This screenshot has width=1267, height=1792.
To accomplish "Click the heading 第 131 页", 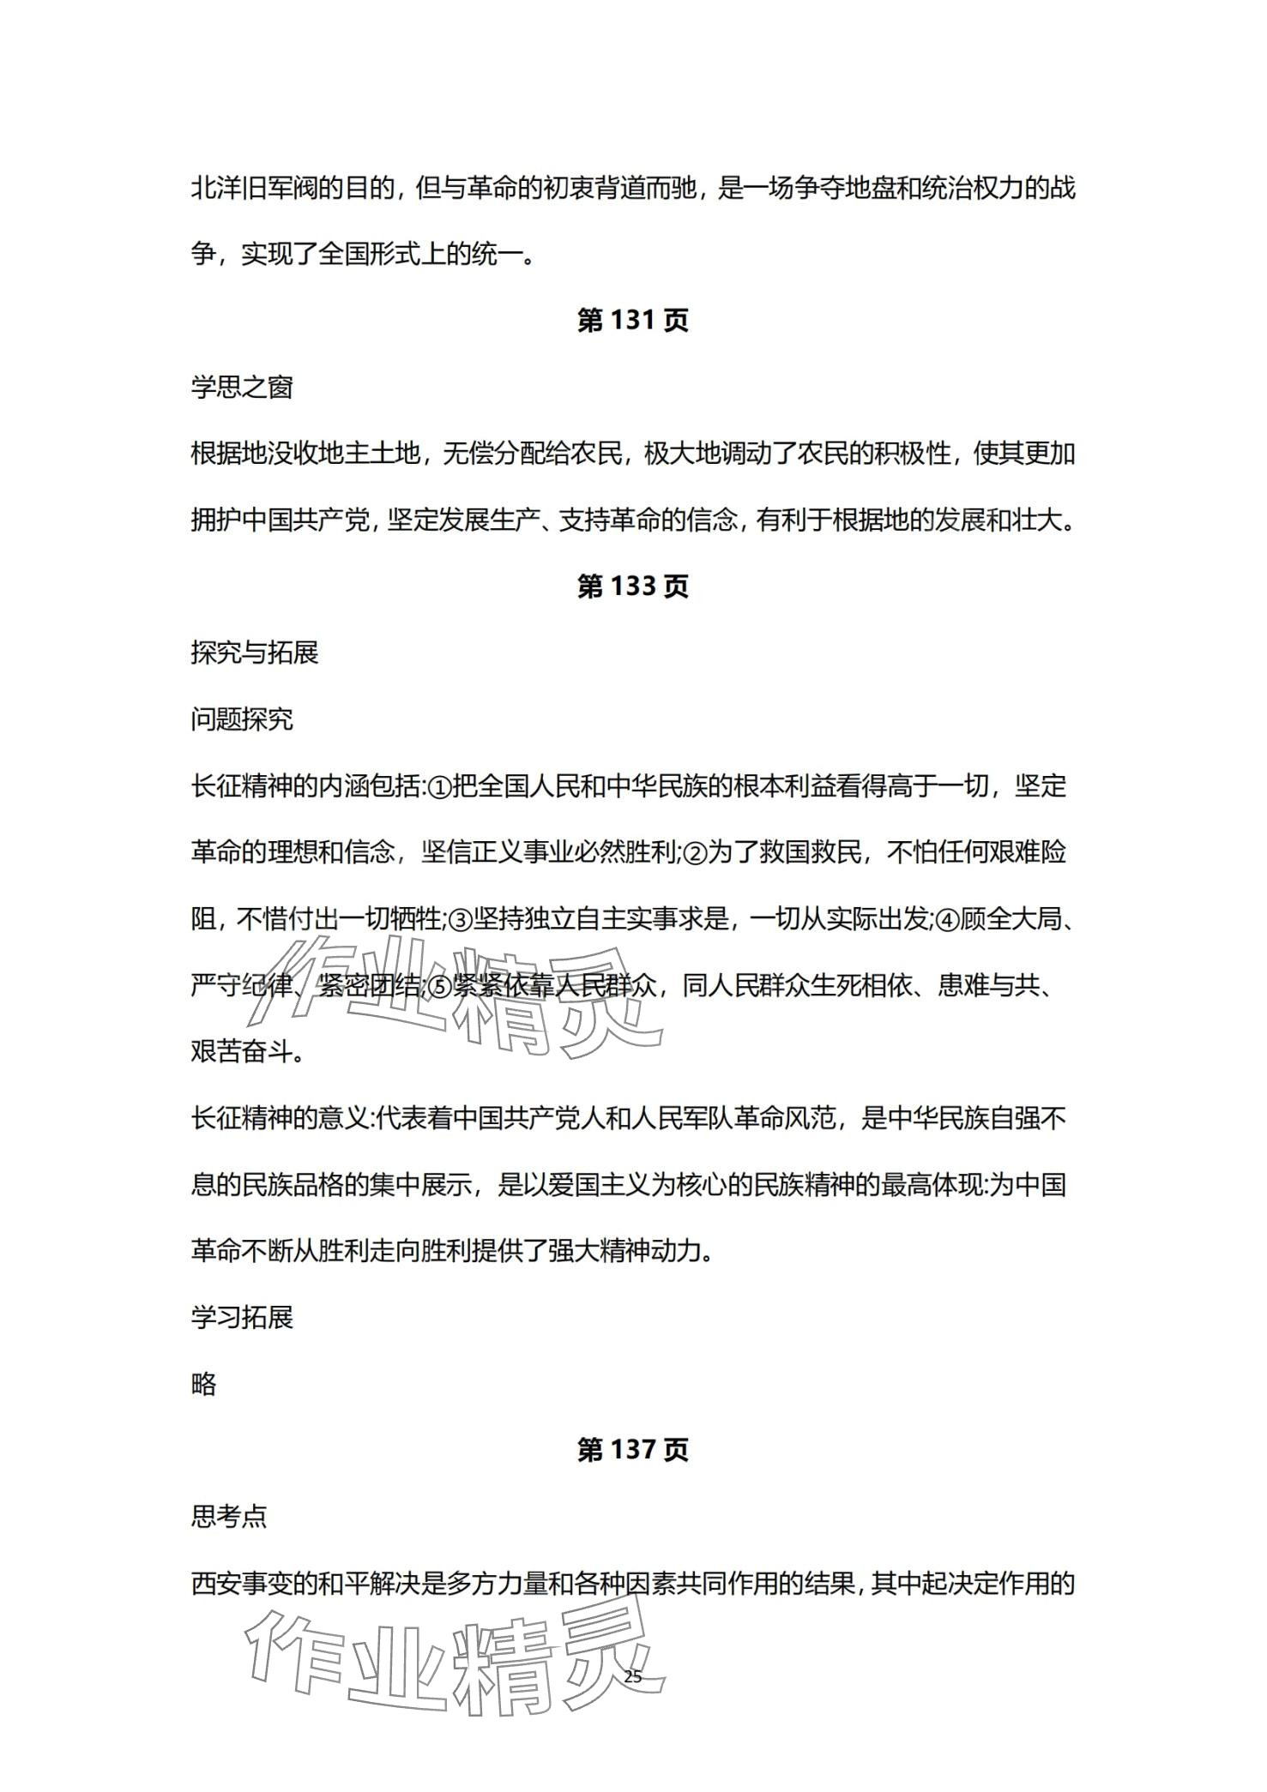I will click(632, 321).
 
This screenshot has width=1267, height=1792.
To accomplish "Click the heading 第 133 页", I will click(632, 586).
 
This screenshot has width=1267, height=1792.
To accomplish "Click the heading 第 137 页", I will click(632, 1450).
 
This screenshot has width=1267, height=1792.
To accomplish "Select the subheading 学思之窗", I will click(242, 388).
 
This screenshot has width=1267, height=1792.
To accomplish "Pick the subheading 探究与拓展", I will click(255, 653).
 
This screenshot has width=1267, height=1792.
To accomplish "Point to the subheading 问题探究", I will click(242, 719).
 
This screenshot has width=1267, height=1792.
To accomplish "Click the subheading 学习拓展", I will click(242, 1317).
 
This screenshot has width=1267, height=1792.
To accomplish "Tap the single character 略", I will click(204, 1384).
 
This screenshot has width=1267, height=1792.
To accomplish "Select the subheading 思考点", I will click(229, 1517).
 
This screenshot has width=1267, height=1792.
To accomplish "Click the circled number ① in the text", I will click(437, 787).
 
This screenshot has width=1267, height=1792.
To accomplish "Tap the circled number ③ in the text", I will click(461, 920).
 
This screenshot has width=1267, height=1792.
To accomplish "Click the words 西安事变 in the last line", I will click(242, 1584).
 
